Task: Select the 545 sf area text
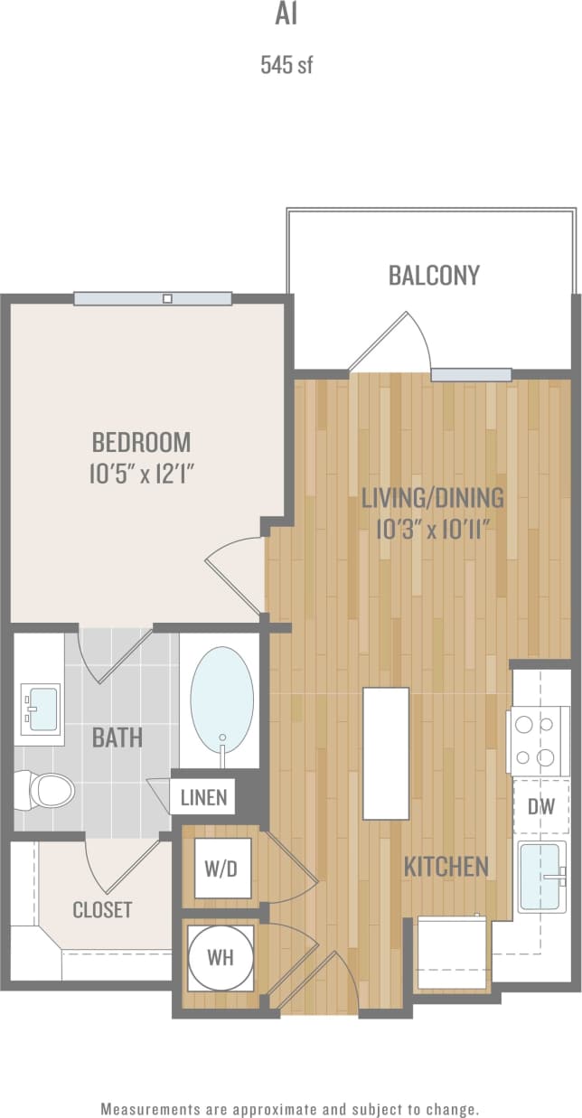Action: [x=286, y=65]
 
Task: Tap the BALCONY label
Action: [x=434, y=276]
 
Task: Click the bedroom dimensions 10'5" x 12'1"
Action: [x=141, y=474]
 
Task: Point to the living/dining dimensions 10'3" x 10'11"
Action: [x=432, y=529]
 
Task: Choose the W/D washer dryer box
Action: [x=222, y=868]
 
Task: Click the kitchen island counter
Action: [x=385, y=752]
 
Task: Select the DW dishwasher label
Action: [x=540, y=804]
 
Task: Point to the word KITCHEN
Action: [x=446, y=867]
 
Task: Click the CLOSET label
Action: [x=102, y=909]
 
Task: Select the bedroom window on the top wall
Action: [x=153, y=298]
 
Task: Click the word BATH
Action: [x=117, y=738]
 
